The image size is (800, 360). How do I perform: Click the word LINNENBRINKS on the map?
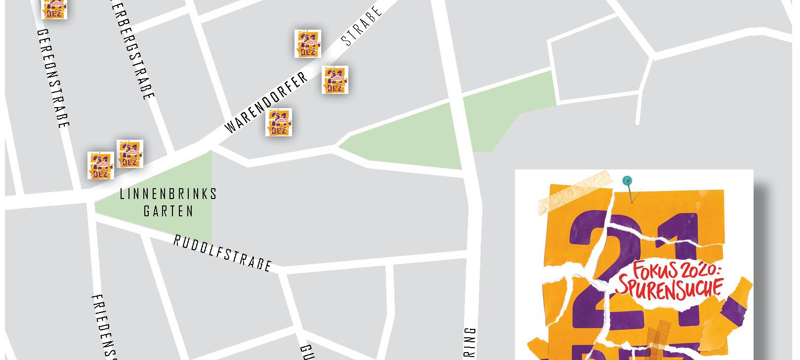168,194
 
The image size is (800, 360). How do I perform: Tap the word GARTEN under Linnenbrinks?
168,211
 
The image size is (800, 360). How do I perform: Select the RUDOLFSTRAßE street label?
223,253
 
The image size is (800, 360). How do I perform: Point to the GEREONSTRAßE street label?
53,79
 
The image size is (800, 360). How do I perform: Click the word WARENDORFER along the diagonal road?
266,103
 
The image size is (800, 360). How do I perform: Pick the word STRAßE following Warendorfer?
363,26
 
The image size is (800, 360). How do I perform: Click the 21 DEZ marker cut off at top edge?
54,9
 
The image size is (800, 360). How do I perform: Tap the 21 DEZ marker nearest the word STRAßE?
308,43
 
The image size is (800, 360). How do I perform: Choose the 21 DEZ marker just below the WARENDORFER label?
279,122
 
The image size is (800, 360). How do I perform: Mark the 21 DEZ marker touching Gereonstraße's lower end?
101,165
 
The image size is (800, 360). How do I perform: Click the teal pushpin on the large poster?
627,181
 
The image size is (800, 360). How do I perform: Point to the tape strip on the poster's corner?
576,193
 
